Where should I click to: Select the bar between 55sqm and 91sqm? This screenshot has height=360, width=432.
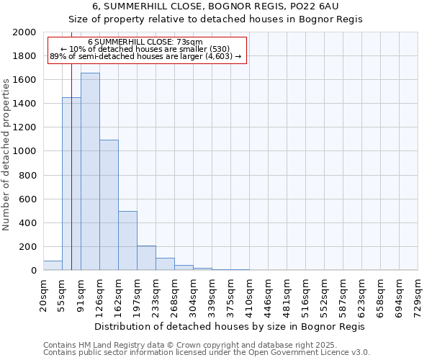pos(71,184)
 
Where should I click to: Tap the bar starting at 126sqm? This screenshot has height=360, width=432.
pos(109,205)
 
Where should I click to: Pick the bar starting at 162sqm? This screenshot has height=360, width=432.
pos(127,240)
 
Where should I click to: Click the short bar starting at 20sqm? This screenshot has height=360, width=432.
pos(53,266)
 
